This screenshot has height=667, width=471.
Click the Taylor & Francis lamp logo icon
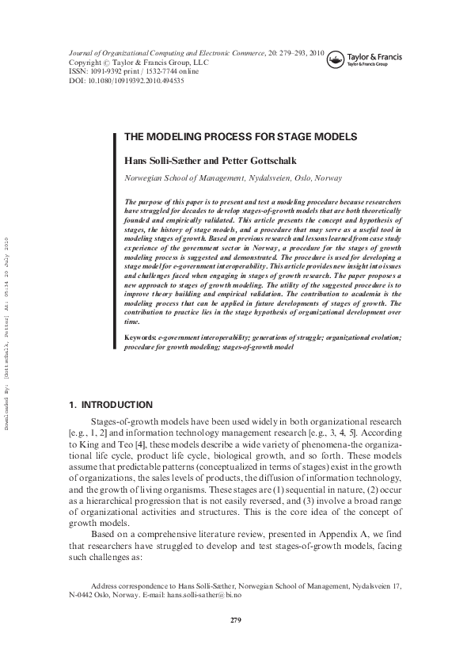336,57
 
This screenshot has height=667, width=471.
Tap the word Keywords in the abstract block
141,337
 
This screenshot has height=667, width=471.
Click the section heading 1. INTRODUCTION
110,405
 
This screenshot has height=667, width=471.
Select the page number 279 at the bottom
235,619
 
